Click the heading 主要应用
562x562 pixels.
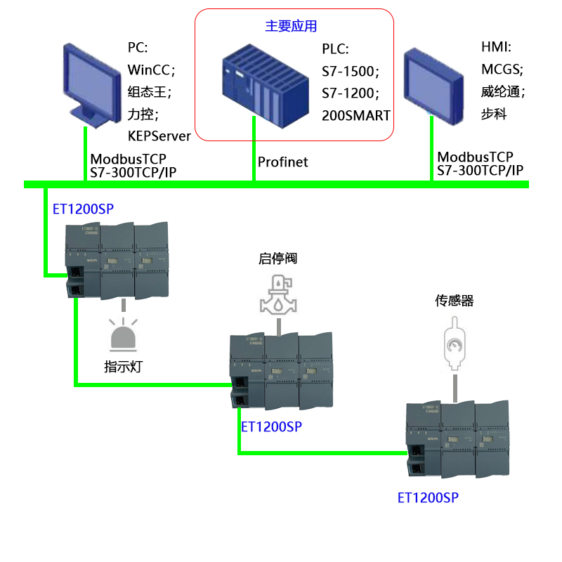pos(291,27)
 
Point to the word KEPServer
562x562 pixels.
pos(159,136)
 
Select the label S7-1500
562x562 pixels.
pos(349,71)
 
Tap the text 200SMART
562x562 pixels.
pos(355,115)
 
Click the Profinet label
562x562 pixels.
pos(282,163)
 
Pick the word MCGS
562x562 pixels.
pos(501,70)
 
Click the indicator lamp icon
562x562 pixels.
pos(124,336)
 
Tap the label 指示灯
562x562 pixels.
pos(124,366)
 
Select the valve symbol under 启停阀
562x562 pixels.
pos(278,294)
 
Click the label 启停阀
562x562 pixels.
pos(278,259)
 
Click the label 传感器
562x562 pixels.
pos(455,301)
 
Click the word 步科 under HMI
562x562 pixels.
pos(494,115)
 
